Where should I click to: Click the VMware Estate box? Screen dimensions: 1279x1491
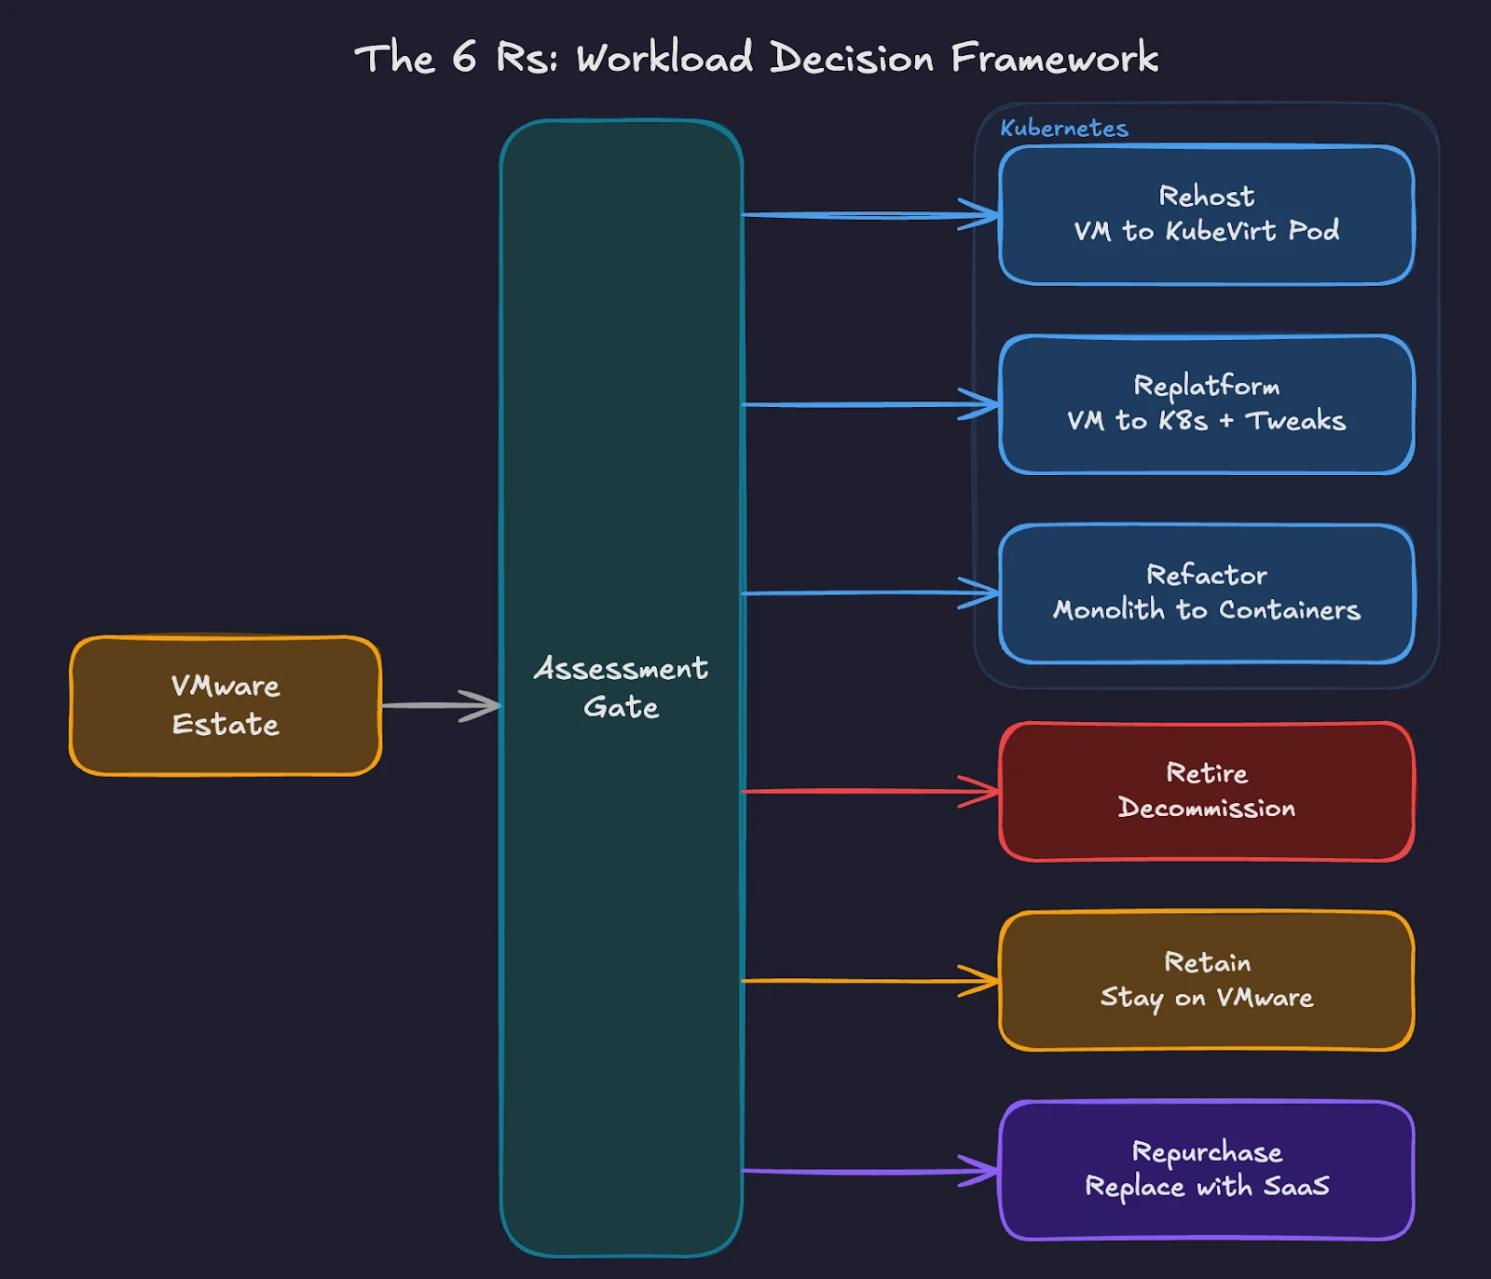[x=226, y=705]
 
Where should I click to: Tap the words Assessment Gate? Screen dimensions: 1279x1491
[x=621, y=687]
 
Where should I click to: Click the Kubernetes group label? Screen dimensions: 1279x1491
[x=1064, y=129]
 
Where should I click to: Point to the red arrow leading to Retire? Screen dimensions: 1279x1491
[x=867, y=792]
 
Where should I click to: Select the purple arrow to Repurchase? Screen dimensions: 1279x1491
[x=867, y=1171]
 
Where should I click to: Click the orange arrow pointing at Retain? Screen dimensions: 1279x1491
[x=867, y=981]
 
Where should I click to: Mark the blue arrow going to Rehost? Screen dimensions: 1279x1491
[x=867, y=215]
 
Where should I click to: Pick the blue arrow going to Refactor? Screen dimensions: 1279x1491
[x=867, y=592]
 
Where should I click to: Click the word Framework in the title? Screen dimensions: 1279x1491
[x=1054, y=58]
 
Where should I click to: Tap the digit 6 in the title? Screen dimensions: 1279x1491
[x=464, y=58]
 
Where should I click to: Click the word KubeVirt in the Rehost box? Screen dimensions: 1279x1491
[x=1221, y=231]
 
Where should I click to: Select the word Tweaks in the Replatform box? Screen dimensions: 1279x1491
[x=1295, y=421]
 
